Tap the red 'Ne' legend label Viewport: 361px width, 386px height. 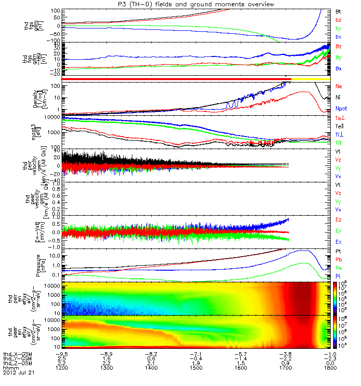(x=339, y=86)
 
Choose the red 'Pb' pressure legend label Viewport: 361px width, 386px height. (x=338, y=259)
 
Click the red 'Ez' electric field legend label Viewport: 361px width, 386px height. (x=338, y=220)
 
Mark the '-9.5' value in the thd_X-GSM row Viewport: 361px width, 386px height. (x=63, y=353)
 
